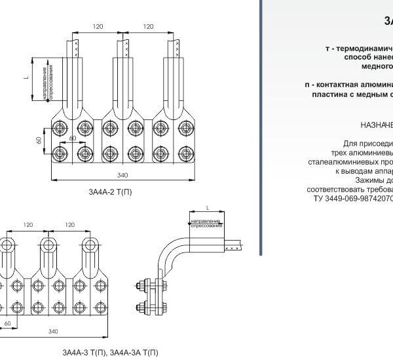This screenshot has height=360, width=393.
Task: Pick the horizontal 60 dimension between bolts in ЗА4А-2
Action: (73, 139)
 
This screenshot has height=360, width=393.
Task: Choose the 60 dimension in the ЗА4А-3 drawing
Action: (7, 323)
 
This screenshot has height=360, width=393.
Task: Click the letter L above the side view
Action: (206, 207)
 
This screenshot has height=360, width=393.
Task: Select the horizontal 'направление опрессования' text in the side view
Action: (206, 225)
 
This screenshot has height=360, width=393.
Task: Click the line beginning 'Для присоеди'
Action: (367, 143)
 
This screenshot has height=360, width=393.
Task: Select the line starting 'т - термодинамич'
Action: (359, 49)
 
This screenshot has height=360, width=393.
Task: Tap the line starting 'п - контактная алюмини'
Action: (348, 85)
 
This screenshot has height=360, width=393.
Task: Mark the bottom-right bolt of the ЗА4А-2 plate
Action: (182, 153)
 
